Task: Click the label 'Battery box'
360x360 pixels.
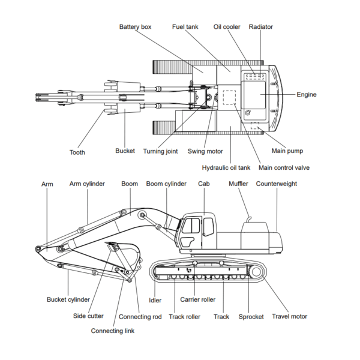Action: coord(135,27)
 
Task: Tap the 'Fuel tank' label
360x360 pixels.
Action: coord(185,27)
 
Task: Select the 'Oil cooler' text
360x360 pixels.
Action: coord(227,27)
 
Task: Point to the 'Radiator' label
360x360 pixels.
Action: coord(261,27)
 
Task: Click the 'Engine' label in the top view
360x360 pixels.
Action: coord(307,94)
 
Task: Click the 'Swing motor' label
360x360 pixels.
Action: coord(205,151)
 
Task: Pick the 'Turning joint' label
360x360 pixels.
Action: coord(164,151)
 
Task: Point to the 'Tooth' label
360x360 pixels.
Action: coord(77,152)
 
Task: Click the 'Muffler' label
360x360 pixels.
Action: coord(238,184)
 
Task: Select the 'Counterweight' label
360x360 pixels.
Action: coord(277,184)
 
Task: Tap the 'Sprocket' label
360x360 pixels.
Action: coord(251,317)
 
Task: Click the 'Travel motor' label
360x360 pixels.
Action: coord(289,316)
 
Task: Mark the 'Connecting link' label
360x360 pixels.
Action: coord(113,331)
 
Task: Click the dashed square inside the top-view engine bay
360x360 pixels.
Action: coord(230,96)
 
